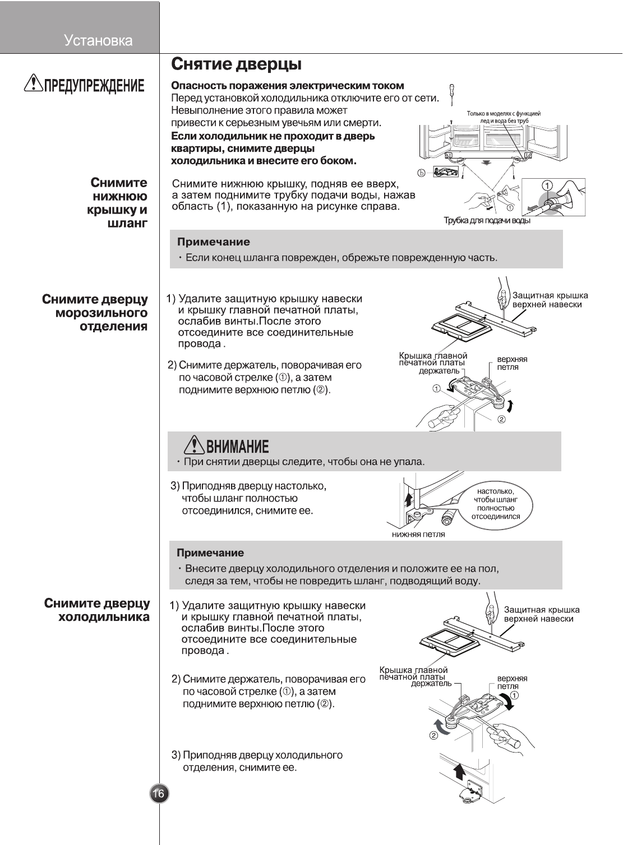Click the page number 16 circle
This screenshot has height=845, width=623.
[159, 793]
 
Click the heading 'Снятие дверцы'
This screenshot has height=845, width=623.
[236, 64]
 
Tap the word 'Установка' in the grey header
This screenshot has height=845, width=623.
[98, 41]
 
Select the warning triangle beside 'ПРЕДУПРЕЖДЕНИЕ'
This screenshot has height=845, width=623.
[34, 85]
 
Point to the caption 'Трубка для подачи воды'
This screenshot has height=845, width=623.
[487, 220]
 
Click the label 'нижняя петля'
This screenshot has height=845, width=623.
[418, 534]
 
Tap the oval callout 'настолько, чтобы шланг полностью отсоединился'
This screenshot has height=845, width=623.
[496, 504]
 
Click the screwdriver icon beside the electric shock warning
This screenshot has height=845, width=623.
[452, 94]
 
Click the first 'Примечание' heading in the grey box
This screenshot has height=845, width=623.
[214, 242]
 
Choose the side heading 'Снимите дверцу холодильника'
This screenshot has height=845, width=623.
[97, 610]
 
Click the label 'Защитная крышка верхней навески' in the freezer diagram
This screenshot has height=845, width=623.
[550, 300]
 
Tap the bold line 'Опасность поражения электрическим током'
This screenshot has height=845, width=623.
[287, 86]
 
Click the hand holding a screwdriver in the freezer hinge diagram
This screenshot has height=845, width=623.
[440, 418]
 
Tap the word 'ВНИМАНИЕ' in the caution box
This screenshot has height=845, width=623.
[237, 447]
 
